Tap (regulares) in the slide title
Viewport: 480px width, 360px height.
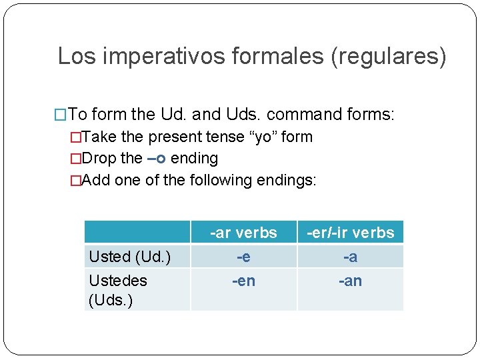(x=389, y=56)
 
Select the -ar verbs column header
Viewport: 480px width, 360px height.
(x=243, y=233)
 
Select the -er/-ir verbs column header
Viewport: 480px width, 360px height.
(x=350, y=233)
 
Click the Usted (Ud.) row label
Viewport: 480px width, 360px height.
(x=129, y=257)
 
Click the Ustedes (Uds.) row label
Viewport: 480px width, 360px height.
(x=118, y=290)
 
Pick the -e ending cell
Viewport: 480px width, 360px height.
(x=243, y=257)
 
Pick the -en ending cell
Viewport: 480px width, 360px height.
(x=243, y=281)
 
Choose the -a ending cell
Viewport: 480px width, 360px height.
(x=350, y=257)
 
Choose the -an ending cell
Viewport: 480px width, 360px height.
(x=350, y=281)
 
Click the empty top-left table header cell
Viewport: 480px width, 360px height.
(x=137, y=233)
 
